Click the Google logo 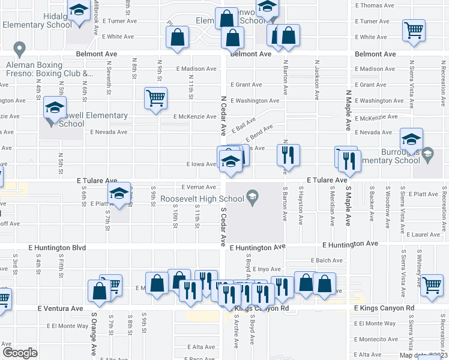coord(20,353)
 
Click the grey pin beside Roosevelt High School coord(253,197)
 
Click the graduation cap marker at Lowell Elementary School coord(54,109)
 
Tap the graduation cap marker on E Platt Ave coord(119,193)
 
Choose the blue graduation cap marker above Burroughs coord(412,140)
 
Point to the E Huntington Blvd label coord(58,247)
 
